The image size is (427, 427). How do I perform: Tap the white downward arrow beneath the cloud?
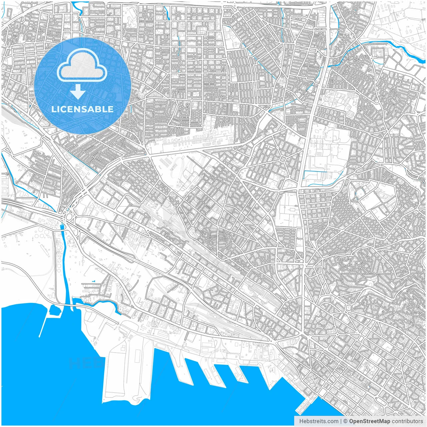pyautogui.click(x=78, y=92)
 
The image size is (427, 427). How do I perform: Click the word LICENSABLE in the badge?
pyautogui.click(x=82, y=109)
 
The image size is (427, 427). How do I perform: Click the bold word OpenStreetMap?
pyautogui.click(x=370, y=421)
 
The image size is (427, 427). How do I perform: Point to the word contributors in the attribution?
pyautogui.click(x=407, y=421)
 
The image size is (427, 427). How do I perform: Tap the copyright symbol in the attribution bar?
pyautogui.click(x=346, y=421)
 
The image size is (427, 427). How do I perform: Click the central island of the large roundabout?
pyautogui.click(x=69, y=217)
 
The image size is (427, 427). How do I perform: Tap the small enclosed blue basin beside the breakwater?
pyautogui.click(x=54, y=311)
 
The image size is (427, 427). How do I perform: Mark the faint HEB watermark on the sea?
pyautogui.click(x=83, y=363)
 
